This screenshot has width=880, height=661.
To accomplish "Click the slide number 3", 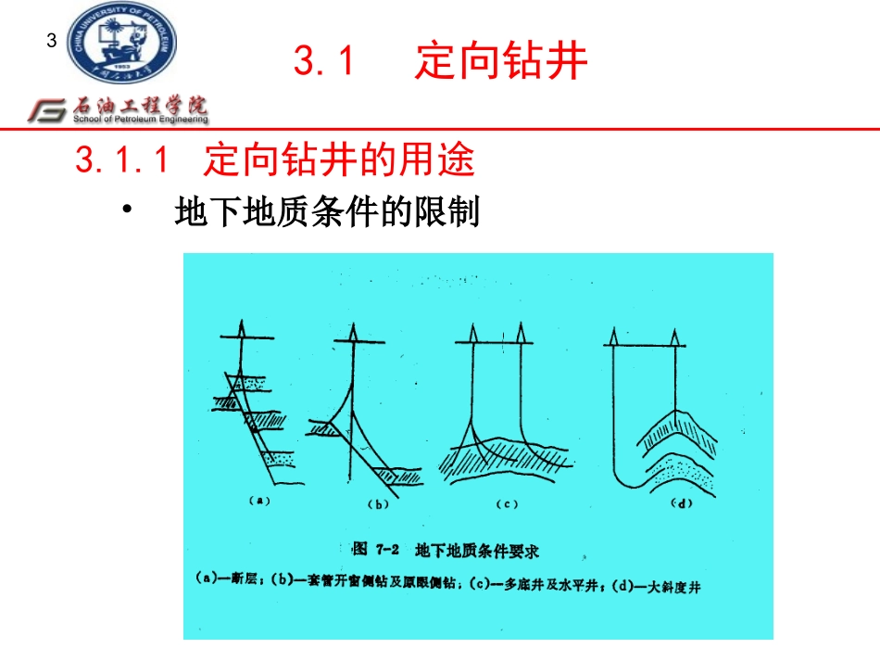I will click(52, 41).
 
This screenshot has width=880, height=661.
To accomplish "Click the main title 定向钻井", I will click(501, 62).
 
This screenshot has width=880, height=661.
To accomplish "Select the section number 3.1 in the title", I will click(324, 62).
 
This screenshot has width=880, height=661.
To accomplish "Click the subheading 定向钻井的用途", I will click(339, 161).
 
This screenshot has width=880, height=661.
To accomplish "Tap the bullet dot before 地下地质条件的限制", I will click(127, 210).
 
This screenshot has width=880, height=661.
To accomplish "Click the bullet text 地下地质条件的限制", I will click(327, 212).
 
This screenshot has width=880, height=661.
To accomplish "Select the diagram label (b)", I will click(378, 504).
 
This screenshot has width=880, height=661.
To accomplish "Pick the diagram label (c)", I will click(505, 504).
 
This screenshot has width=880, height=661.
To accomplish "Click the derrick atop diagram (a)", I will click(238, 327).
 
